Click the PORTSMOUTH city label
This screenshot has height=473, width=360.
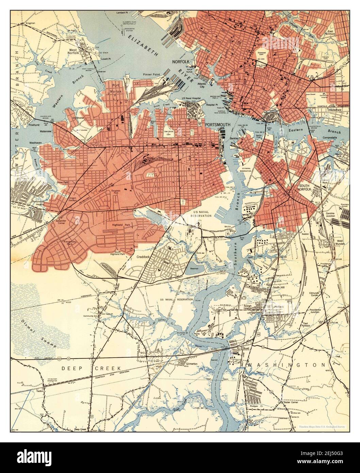(218, 125)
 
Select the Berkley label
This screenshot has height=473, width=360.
(235, 138)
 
